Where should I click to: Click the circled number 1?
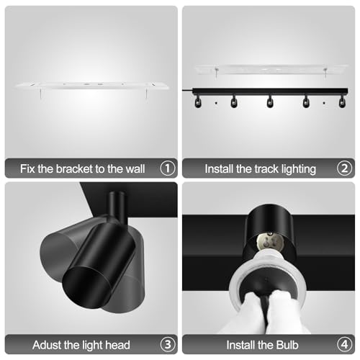point(168,168)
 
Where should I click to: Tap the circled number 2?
point(344,168)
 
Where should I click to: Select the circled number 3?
point(168,345)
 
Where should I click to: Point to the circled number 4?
point(344,345)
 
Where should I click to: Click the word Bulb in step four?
point(287,345)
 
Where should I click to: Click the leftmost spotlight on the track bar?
point(198,102)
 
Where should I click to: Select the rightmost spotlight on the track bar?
point(342,102)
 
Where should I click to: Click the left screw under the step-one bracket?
point(41,94)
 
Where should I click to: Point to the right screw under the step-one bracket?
point(145,94)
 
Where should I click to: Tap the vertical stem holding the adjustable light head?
point(117,207)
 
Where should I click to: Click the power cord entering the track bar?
point(187,90)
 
